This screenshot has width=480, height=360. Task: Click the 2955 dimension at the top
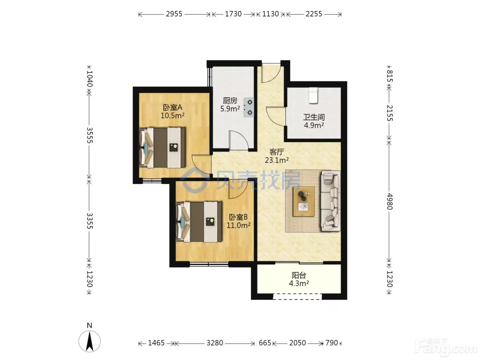174,14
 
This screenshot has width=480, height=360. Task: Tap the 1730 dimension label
233,14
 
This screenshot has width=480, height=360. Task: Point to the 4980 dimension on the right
389,201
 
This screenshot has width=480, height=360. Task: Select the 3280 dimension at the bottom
215,343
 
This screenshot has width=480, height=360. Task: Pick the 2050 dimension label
297,343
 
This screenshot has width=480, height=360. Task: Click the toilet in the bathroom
313,95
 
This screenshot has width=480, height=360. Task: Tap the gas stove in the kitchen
249,108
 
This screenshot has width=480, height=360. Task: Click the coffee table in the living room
304,202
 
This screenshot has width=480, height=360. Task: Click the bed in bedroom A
162,148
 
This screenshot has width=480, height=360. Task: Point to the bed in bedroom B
199,222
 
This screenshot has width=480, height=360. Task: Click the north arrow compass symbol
89,341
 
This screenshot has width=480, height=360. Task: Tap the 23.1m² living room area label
276,160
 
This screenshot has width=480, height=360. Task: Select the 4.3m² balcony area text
299,283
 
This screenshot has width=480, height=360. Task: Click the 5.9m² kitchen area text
230,109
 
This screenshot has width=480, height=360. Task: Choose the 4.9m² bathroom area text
314,125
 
